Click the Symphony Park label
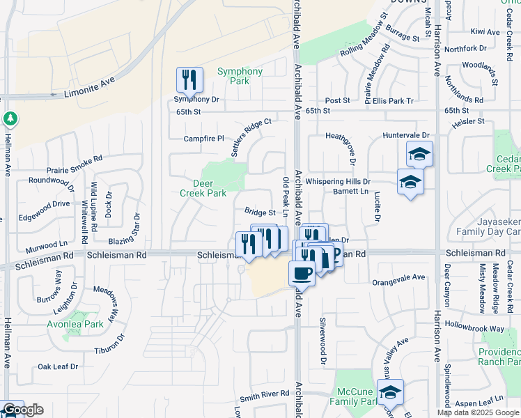[240, 76]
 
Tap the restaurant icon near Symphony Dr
[189, 79]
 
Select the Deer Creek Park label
[209, 189]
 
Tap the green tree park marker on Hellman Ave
[10, 119]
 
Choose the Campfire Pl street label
[204, 139]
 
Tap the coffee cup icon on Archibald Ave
[302, 272]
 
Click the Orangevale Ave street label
[398, 277]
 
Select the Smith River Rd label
[264, 394]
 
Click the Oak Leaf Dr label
[58, 366]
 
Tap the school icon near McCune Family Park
[390, 394]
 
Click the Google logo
[23, 410]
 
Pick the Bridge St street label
[260, 212]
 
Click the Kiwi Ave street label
[486, 32]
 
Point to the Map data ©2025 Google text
[477, 412]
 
